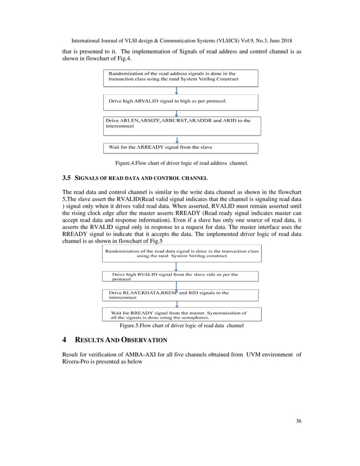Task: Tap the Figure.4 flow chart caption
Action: (x=179, y=162)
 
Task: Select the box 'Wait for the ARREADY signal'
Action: (x=181, y=148)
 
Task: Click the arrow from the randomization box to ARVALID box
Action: (x=177, y=90)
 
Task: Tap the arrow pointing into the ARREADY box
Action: (x=177, y=139)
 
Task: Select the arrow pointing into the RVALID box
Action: (x=177, y=266)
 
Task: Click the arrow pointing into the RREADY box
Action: (x=177, y=305)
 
